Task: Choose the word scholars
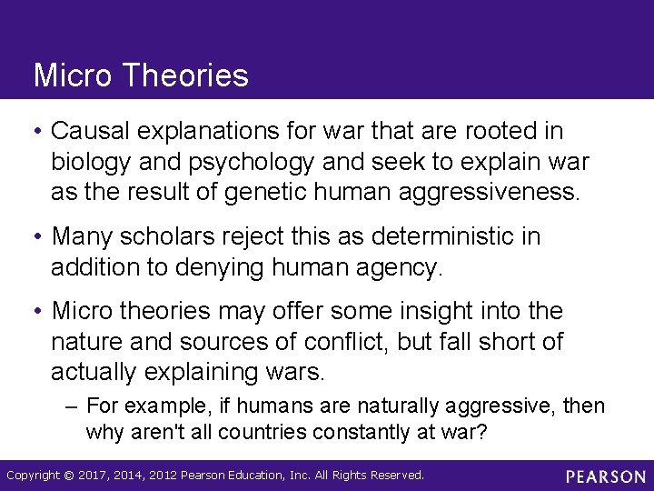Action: coord(186,237)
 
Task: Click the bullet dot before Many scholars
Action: coord(40,237)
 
